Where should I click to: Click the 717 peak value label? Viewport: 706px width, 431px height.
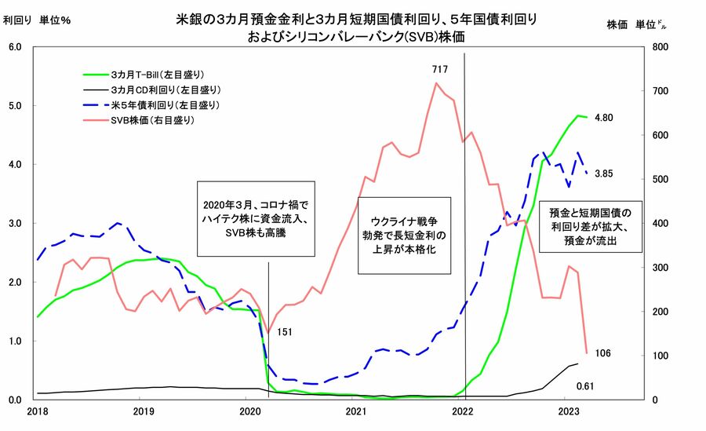point(439,71)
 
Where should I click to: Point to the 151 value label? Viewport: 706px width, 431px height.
point(285,332)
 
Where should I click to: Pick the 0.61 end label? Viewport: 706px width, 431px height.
point(586,385)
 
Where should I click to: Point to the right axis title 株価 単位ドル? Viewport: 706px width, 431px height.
point(638,24)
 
